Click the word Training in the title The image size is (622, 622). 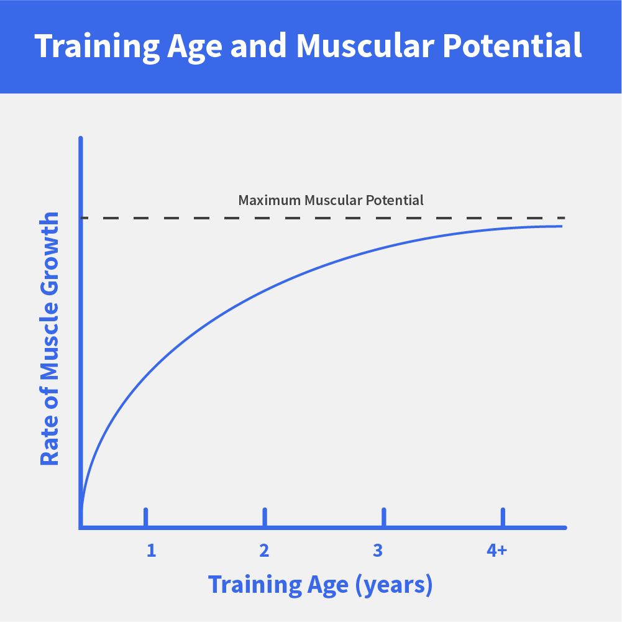97,47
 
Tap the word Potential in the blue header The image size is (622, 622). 512,45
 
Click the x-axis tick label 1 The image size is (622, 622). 151,550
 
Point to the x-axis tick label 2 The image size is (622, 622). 264,550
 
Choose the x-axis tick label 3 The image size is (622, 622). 378,550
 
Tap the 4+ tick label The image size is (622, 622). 496,550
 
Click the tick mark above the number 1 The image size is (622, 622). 145,517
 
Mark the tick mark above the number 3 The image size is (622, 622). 383,517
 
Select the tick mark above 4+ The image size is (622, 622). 503,517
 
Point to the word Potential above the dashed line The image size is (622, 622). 395,200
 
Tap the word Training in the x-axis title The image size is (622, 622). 255,585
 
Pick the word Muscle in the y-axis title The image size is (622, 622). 50,341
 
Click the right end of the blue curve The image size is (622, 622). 562,226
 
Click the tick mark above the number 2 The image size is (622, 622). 265,517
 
